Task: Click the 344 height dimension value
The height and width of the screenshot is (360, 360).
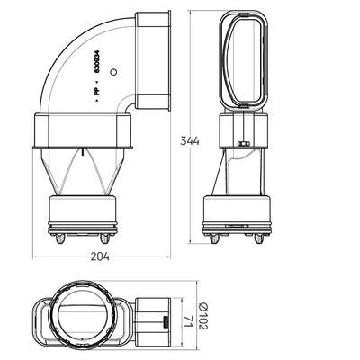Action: (190, 140)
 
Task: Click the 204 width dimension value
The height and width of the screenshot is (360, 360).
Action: (100, 256)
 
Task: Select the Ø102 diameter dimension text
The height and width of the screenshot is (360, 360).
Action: (203, 315)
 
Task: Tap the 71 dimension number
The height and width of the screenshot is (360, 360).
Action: (188, 321)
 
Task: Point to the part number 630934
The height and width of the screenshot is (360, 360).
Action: (97, 61)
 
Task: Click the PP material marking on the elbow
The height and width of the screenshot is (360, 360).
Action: (97, 92)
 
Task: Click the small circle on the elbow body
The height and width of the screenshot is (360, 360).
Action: (113, 72)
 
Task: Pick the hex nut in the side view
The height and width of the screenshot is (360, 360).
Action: (244, 144)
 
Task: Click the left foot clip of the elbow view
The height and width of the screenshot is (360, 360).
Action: (60, 238)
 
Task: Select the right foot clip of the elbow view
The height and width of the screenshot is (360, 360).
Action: (104, 238)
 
